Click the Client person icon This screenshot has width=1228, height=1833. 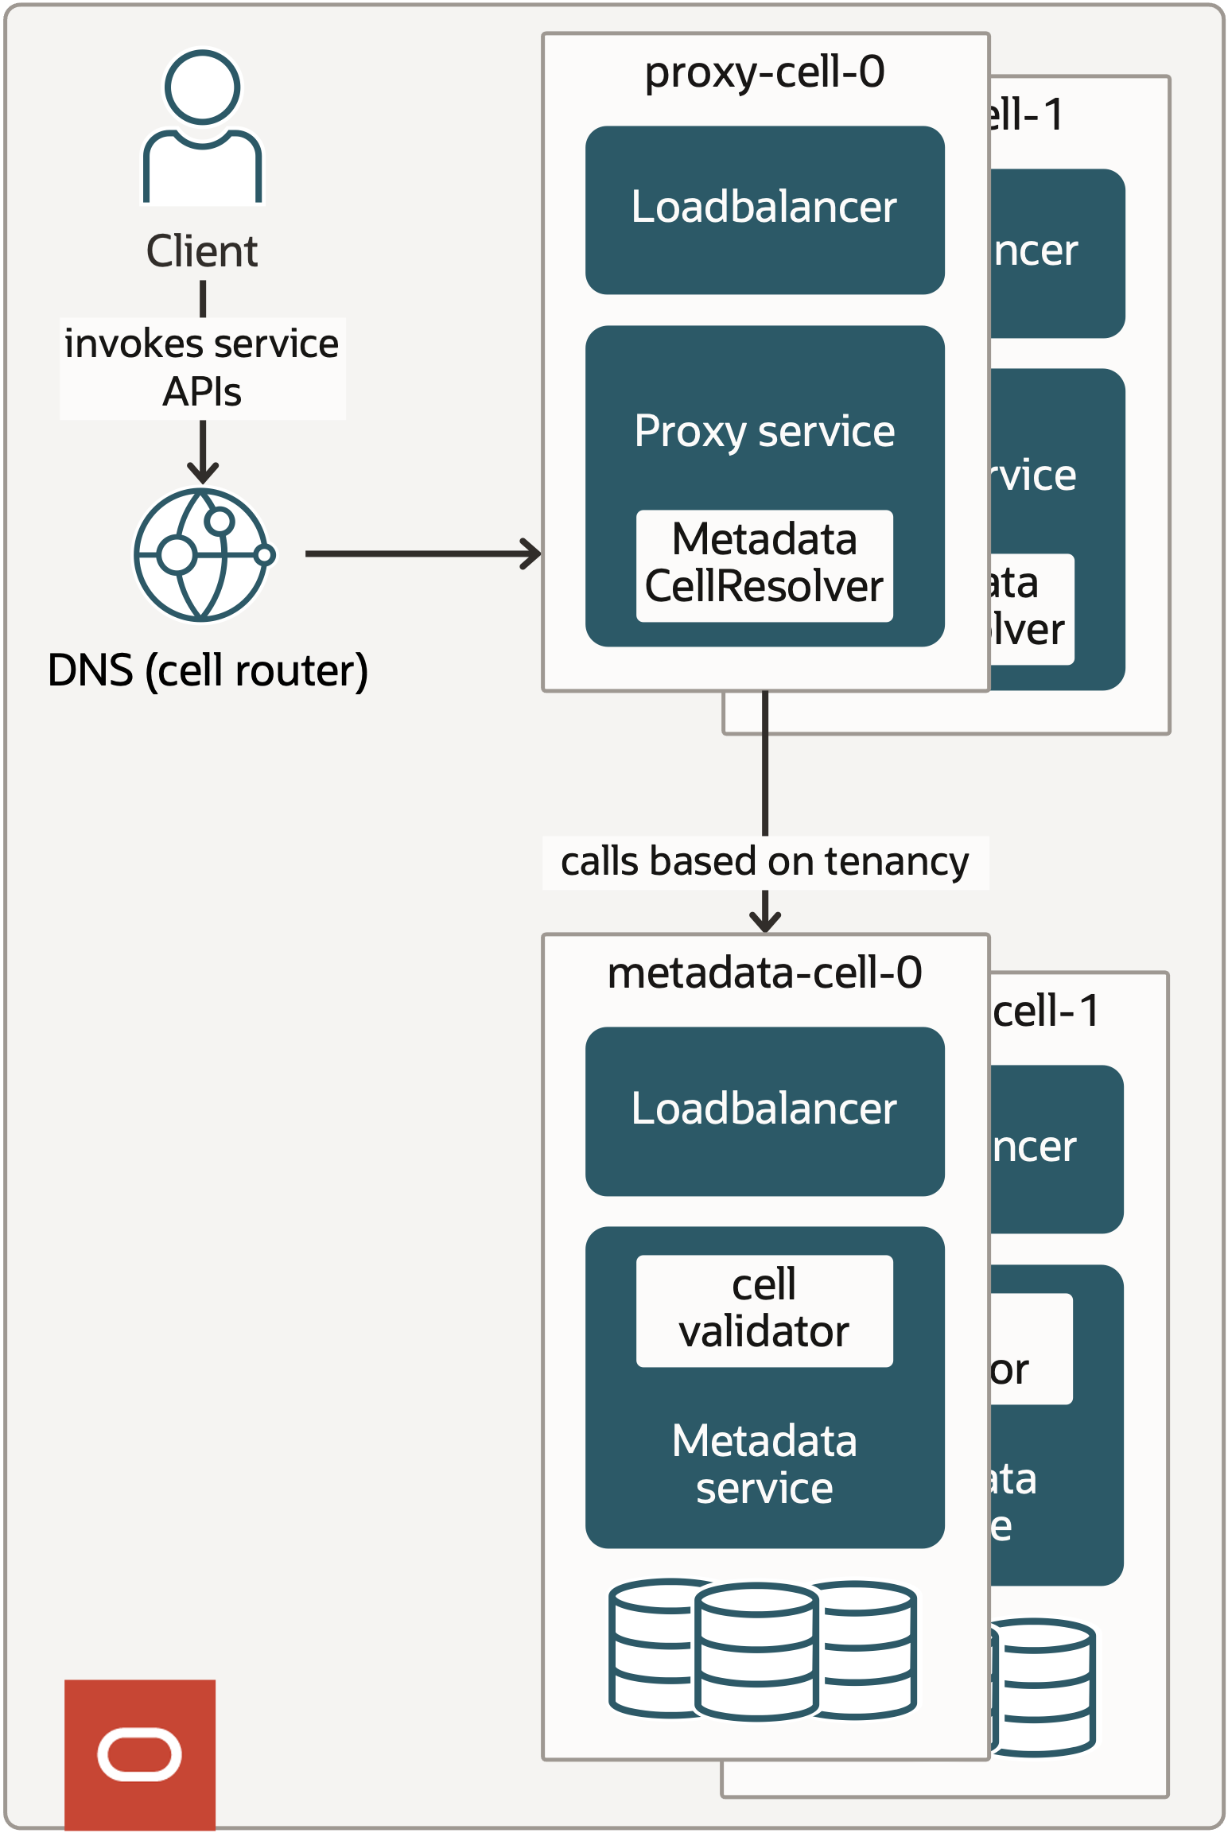pos(202,127)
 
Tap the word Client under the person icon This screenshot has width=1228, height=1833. pos(202,251)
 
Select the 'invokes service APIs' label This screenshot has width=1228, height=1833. pos(202,367)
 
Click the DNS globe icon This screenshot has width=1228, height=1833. pos(202,554)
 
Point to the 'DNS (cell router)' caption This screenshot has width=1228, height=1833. pos(208,670)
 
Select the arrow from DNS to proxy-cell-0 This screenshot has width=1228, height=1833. pos(422,553)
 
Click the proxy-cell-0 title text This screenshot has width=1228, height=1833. pos(764,72)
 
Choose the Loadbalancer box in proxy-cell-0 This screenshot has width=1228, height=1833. pos(764,210)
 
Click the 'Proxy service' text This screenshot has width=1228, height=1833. pos(764,431)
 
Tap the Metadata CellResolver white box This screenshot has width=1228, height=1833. pos(764,565)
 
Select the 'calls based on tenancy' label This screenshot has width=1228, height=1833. pos(764,862)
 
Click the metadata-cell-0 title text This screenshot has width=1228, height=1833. pos(764,973)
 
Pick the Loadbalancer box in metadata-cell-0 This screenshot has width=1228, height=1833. pos(764,1111)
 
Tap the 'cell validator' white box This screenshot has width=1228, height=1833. pos(764,1310)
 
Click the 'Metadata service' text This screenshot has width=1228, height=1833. pos(764,1464)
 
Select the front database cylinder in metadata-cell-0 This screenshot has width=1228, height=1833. pos(756,1651)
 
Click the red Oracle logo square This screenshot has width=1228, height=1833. pos(140,1753)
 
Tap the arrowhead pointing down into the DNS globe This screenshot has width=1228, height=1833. pos(203,473)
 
